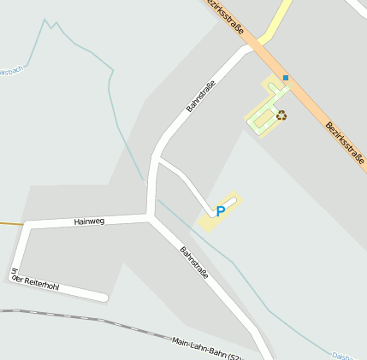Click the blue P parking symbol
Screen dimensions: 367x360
[220, 210]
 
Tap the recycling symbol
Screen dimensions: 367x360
[281, 115]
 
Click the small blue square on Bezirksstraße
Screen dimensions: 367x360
[286, 78]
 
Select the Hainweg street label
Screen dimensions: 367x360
[89, 221]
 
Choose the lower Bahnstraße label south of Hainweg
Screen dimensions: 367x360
[193, 263]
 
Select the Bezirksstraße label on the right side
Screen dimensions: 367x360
[345, 141]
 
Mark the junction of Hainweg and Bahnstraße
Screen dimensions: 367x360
[151, 217]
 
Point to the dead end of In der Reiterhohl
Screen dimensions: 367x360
[104, 298]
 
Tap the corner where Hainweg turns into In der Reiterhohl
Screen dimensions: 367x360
[27, 226]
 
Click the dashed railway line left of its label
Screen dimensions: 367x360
[86, 319]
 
